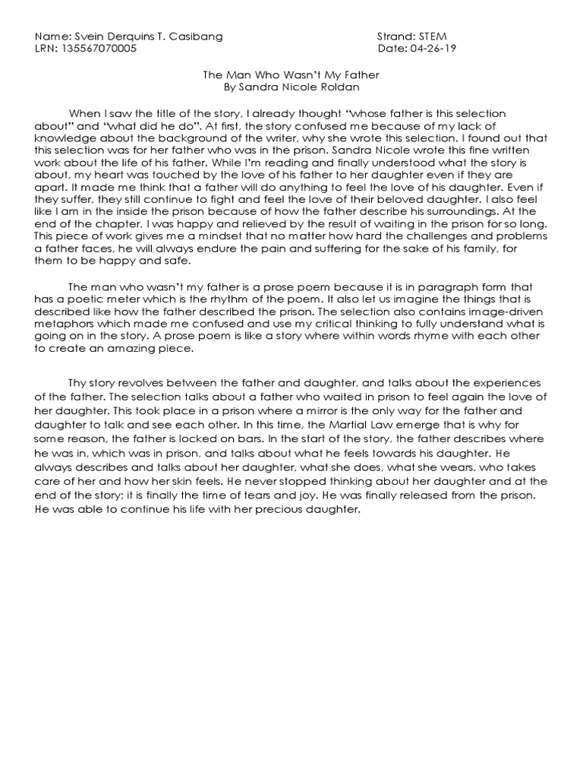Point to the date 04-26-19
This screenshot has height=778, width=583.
tap(430, 49)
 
